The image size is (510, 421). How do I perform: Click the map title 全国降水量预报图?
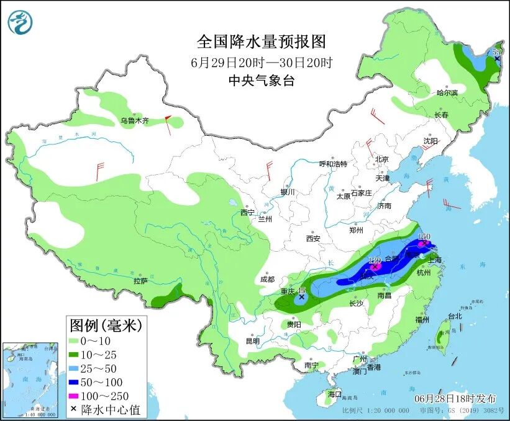click(x=261, y=42)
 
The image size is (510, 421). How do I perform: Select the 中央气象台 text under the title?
click(x=261, y=80)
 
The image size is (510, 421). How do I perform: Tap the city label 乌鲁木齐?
click(x=135, y=121)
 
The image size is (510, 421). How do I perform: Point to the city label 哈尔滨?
click(x=447, y=92)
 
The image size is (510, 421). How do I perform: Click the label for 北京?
click(x=381, y=159)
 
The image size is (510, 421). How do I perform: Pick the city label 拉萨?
click(x=141, y=281)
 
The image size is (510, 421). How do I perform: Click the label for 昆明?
click(x=252, y=341)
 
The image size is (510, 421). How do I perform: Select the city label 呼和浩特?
click(x=333, y=164)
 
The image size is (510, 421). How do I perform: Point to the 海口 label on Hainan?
click(x=335, y=394)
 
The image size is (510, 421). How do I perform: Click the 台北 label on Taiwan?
click(x=454, y=316)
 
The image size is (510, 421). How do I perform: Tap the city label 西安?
click(x=313, y=238)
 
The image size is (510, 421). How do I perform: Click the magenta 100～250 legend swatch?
click(x=75, y=396)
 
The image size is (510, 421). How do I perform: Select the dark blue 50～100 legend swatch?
click(x=75, y=382)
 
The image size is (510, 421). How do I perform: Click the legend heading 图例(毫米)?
click(x=106, y=324)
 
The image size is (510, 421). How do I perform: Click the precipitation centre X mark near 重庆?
click(x=302, y=298)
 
